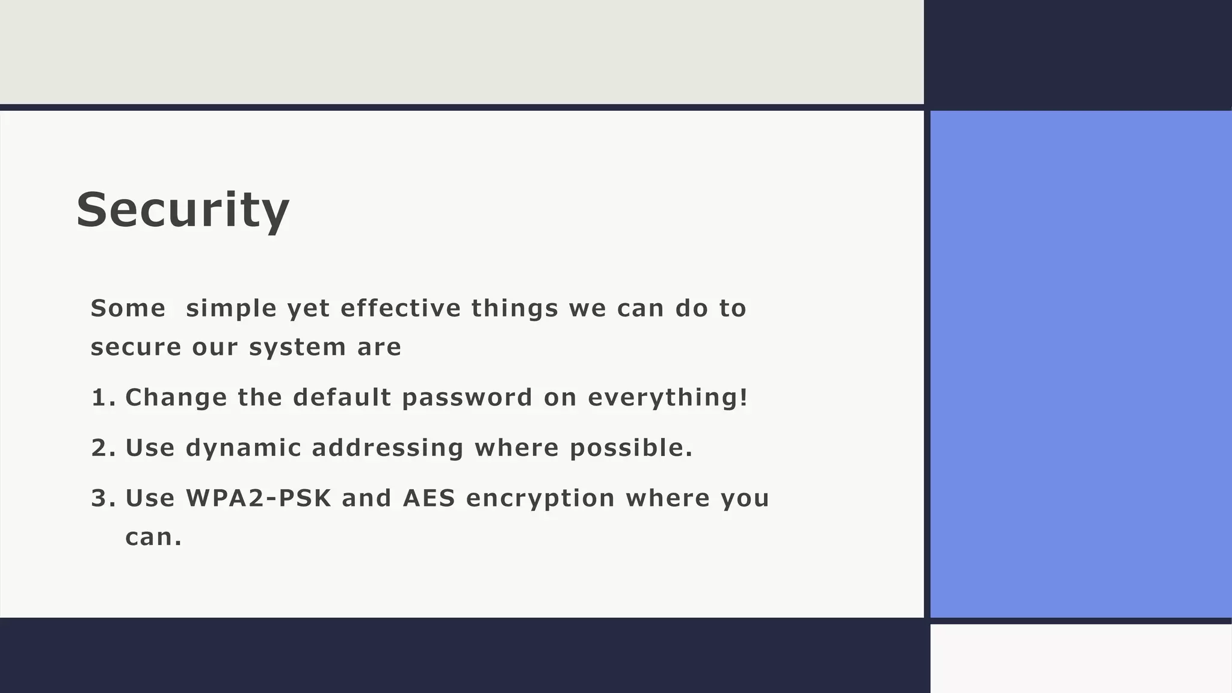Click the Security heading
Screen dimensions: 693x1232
pos(182,209)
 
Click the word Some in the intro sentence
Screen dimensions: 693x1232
pos(128,309)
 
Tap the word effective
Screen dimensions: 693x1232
pos(400,309)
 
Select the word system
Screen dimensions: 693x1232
pos(297,348)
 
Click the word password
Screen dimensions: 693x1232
pos(467,398)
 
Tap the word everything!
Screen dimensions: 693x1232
pos(668,398)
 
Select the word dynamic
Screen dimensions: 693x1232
pos(243,449)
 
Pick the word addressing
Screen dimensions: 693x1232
pos(387,449)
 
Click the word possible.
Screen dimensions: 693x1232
pos(631,448)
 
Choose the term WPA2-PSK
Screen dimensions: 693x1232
pos(258,499)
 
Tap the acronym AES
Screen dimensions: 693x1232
pos(429,499)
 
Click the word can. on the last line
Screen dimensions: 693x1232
pos(153,537)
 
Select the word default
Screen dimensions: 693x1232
pos(342,398)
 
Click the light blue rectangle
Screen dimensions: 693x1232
pos(1080,364)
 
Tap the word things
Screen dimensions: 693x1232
pos(514,309)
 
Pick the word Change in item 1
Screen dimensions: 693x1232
pos(176,398)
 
